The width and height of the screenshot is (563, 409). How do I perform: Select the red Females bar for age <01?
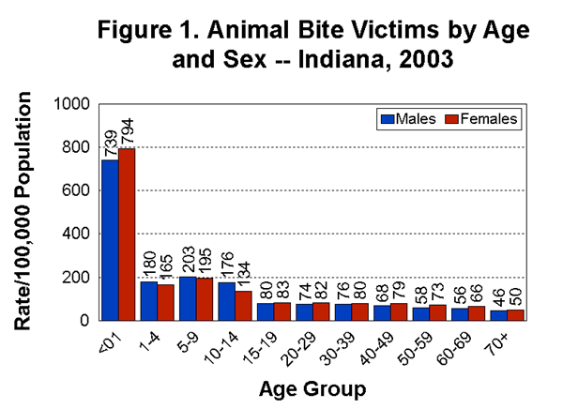click(x=127, y=235)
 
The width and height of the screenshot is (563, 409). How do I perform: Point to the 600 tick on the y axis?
click(x=80, y=190)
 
